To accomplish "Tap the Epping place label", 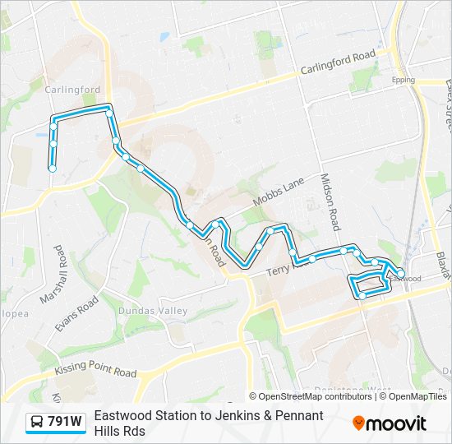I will coord(404,80).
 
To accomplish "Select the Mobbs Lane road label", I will coord(279,191).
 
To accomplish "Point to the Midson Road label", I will coord(330,201).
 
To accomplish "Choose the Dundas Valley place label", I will coord(153,311).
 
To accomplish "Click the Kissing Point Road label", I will coord(95,372).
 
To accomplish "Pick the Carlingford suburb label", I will coord(72,90).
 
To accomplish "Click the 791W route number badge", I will coord(64,422).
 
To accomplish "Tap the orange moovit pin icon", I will coord(358,423).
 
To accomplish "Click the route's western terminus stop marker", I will coord(53,169).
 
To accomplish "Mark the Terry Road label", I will coord(288,267).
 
